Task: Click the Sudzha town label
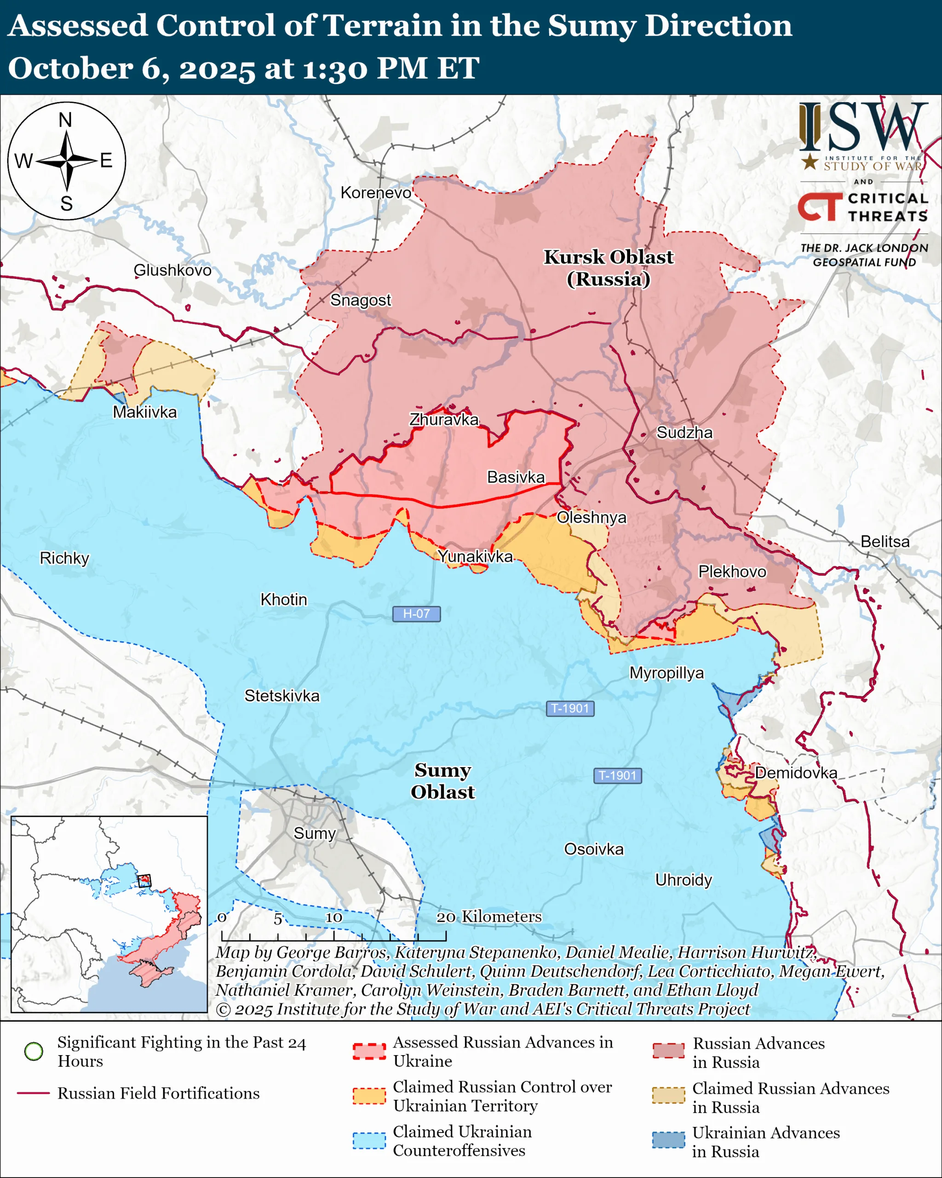(x=684, y=433)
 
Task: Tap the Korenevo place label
(x=376, y=193)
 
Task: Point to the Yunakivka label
(x=475, y=556)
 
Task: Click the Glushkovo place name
(x=172, y=270)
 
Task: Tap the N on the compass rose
(x=65, y=120)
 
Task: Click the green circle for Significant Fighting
(x=34, y=1051)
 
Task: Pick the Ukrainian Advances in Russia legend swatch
(x=668, y=1140)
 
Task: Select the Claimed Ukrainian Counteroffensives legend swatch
(x=369, y=1141)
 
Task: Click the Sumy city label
(x=314, y=833)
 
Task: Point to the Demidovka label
(x=796, y=773)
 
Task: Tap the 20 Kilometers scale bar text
(x=489, y=916)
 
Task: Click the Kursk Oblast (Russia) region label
(x=609, y=268)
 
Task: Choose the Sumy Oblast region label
(x=442, y=781)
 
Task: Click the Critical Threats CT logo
(x=820, y=207)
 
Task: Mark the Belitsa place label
(x=885, y=542)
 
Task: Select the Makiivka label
(x=145, y=412)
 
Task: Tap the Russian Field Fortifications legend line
(x=34, y=1093)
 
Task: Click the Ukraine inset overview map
(x=109, y=913)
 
